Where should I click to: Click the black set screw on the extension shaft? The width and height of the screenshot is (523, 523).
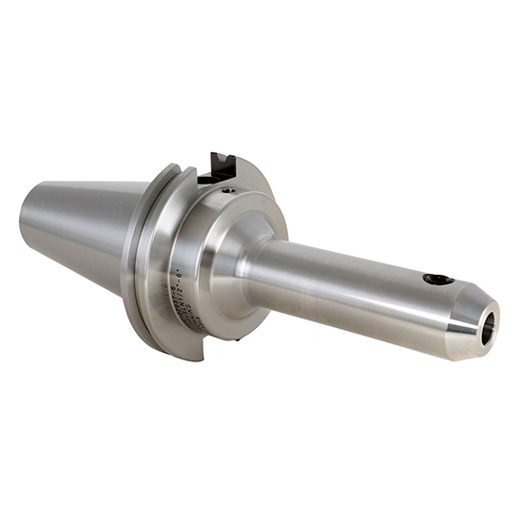[x=437, y=279]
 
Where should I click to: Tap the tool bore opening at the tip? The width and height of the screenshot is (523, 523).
[x=488, y=327]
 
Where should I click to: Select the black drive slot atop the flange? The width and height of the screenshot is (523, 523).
[x=222, y=165]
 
